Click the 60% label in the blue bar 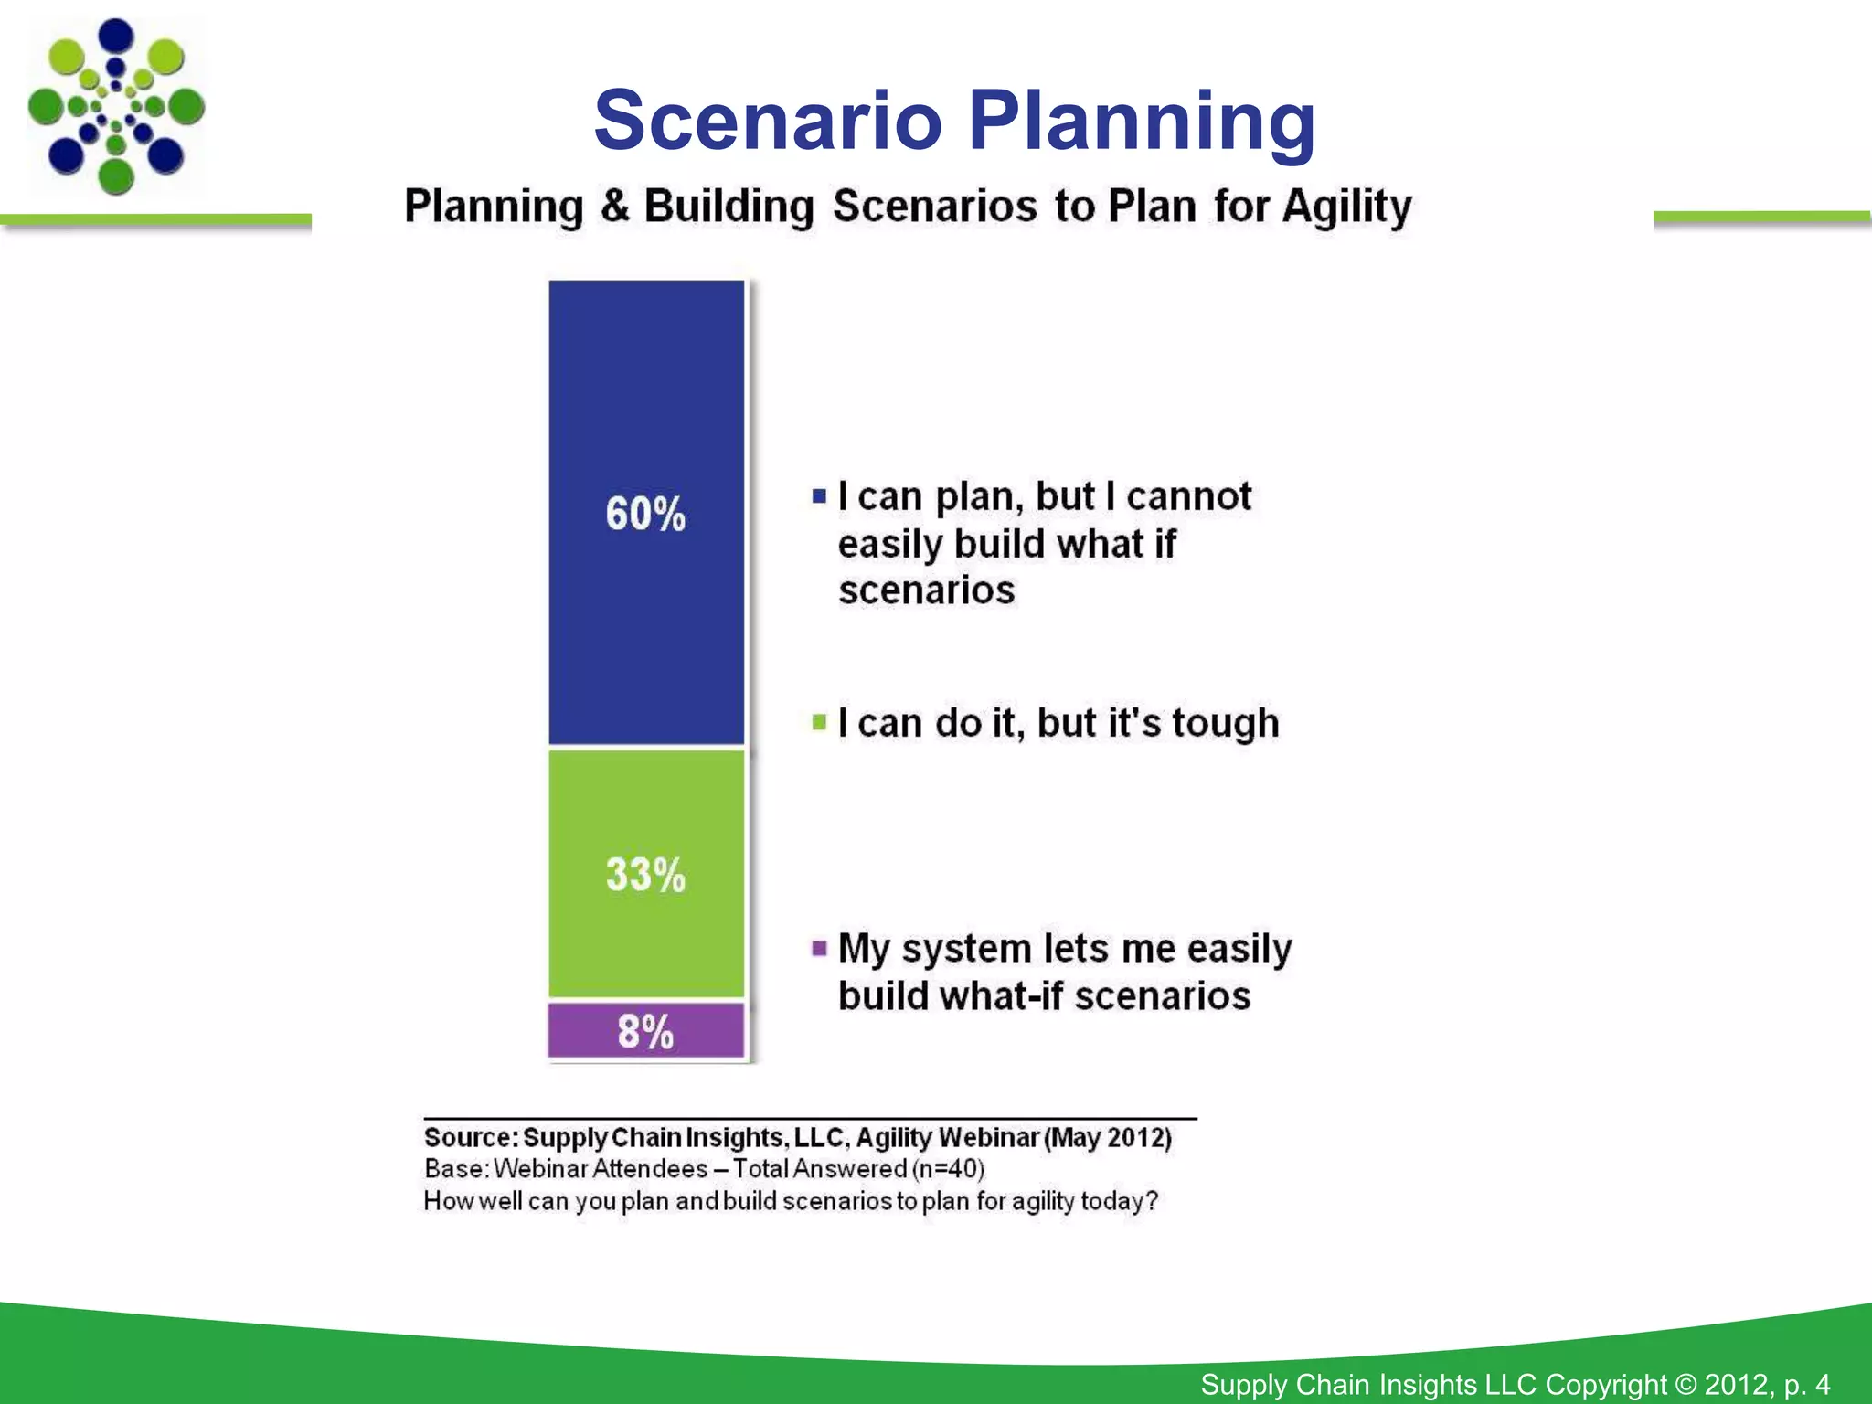644,514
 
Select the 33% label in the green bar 644,875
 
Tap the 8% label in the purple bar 644,1032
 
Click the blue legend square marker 819,497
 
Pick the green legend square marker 819,723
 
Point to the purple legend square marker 819,948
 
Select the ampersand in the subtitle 615,205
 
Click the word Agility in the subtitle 1346,207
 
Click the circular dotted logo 116,107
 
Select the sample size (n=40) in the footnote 948,1169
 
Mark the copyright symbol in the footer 1686,1384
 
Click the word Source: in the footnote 471,1138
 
